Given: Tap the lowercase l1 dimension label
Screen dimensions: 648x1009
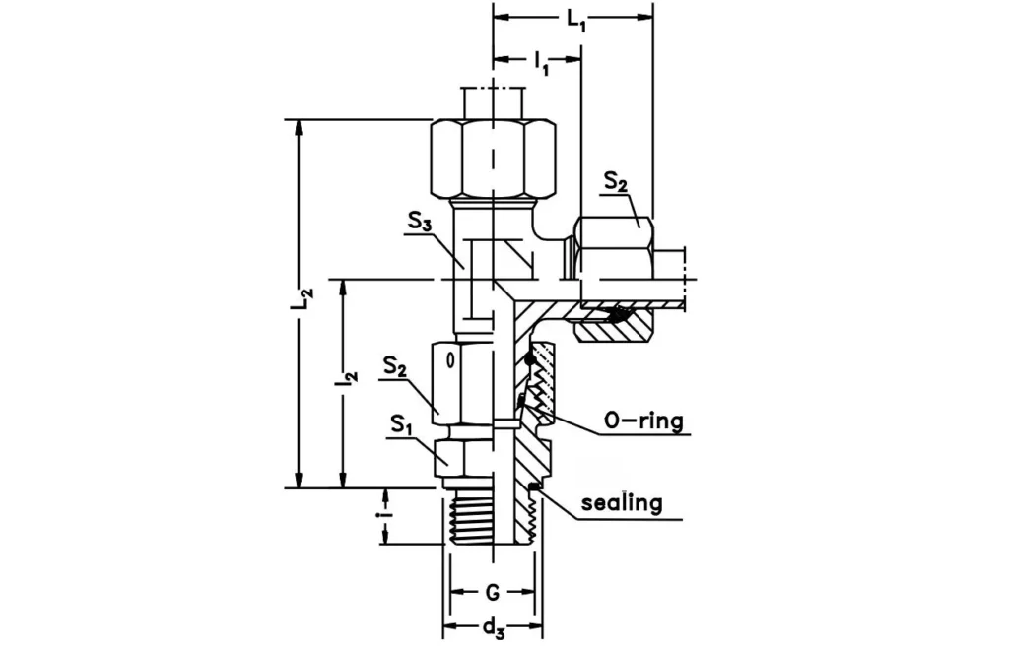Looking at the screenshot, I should click(541, 65).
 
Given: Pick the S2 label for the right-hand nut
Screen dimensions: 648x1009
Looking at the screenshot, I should click(616, 183).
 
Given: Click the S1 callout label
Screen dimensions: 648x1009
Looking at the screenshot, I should click(399, 425).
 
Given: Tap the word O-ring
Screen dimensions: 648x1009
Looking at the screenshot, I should click(643, 421).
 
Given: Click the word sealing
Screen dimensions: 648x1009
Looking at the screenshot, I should click(622, 502).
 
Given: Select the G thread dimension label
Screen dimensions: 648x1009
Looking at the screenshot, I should click(492, 593).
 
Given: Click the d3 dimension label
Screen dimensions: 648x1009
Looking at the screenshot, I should click(493, 628).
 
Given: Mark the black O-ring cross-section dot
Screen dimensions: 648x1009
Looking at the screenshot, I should click(531, 360).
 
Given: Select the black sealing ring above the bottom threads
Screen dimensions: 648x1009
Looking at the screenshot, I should click(533, 486).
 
